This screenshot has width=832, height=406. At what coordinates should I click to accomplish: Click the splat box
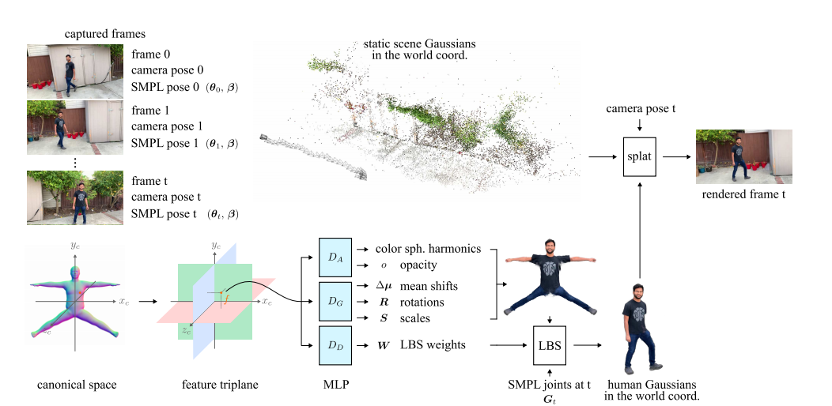click(x=639, y=156)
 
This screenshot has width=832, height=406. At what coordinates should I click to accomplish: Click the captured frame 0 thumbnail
click(x=76, y=71)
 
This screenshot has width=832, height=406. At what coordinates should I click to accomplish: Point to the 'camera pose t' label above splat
click(x=639, y=107)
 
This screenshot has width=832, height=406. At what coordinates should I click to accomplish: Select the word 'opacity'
click(x=418, y=265)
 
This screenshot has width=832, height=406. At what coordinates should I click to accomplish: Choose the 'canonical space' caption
click(x=77, y=385)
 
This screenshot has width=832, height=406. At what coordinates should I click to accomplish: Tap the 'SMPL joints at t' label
click(x=548, y=384)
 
